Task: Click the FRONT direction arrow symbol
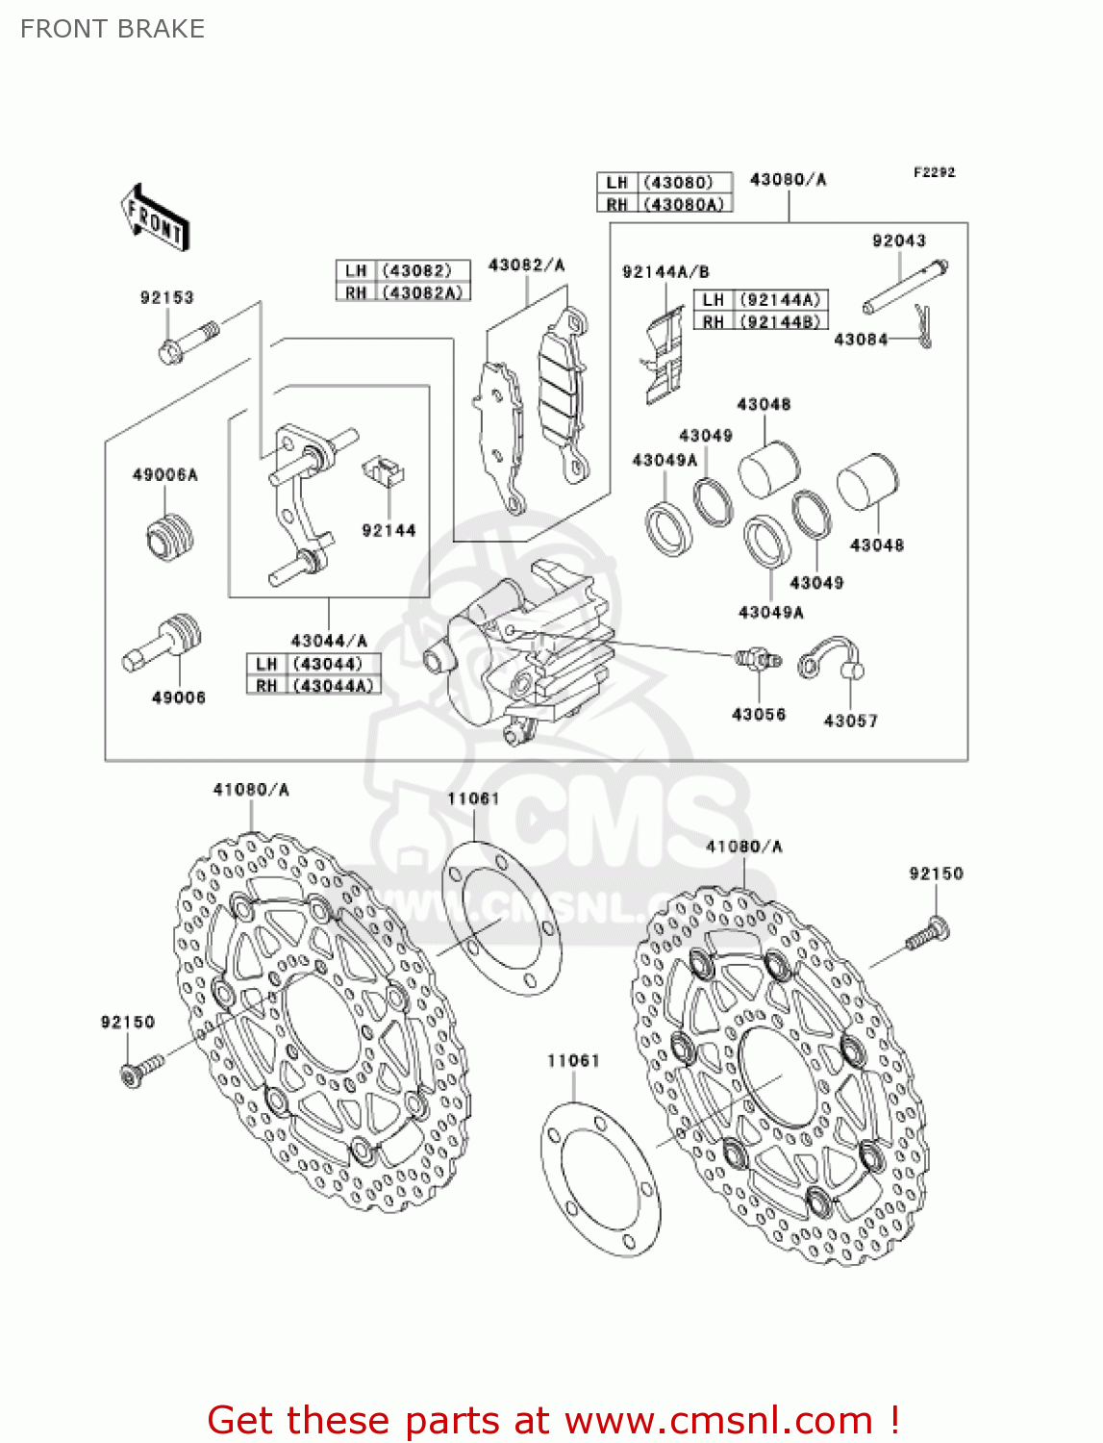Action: coord(155,217)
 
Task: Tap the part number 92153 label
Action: coord(166,298)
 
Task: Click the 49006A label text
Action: coord(164,475)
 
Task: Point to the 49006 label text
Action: coord(178,697)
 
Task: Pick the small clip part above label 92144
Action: coord(383,470)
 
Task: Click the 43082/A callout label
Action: coord(526,265)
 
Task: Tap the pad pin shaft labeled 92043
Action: coord(905,287)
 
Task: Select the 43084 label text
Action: coord(861,340)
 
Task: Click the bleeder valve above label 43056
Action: coord(758,660)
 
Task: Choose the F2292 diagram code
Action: coord(934,172)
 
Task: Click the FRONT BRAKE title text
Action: coord(113,29)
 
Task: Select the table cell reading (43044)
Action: coord(329,664)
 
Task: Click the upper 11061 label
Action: coord(473,798)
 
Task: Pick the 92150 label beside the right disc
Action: coord(936,873)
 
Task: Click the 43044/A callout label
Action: coord(329,640)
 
